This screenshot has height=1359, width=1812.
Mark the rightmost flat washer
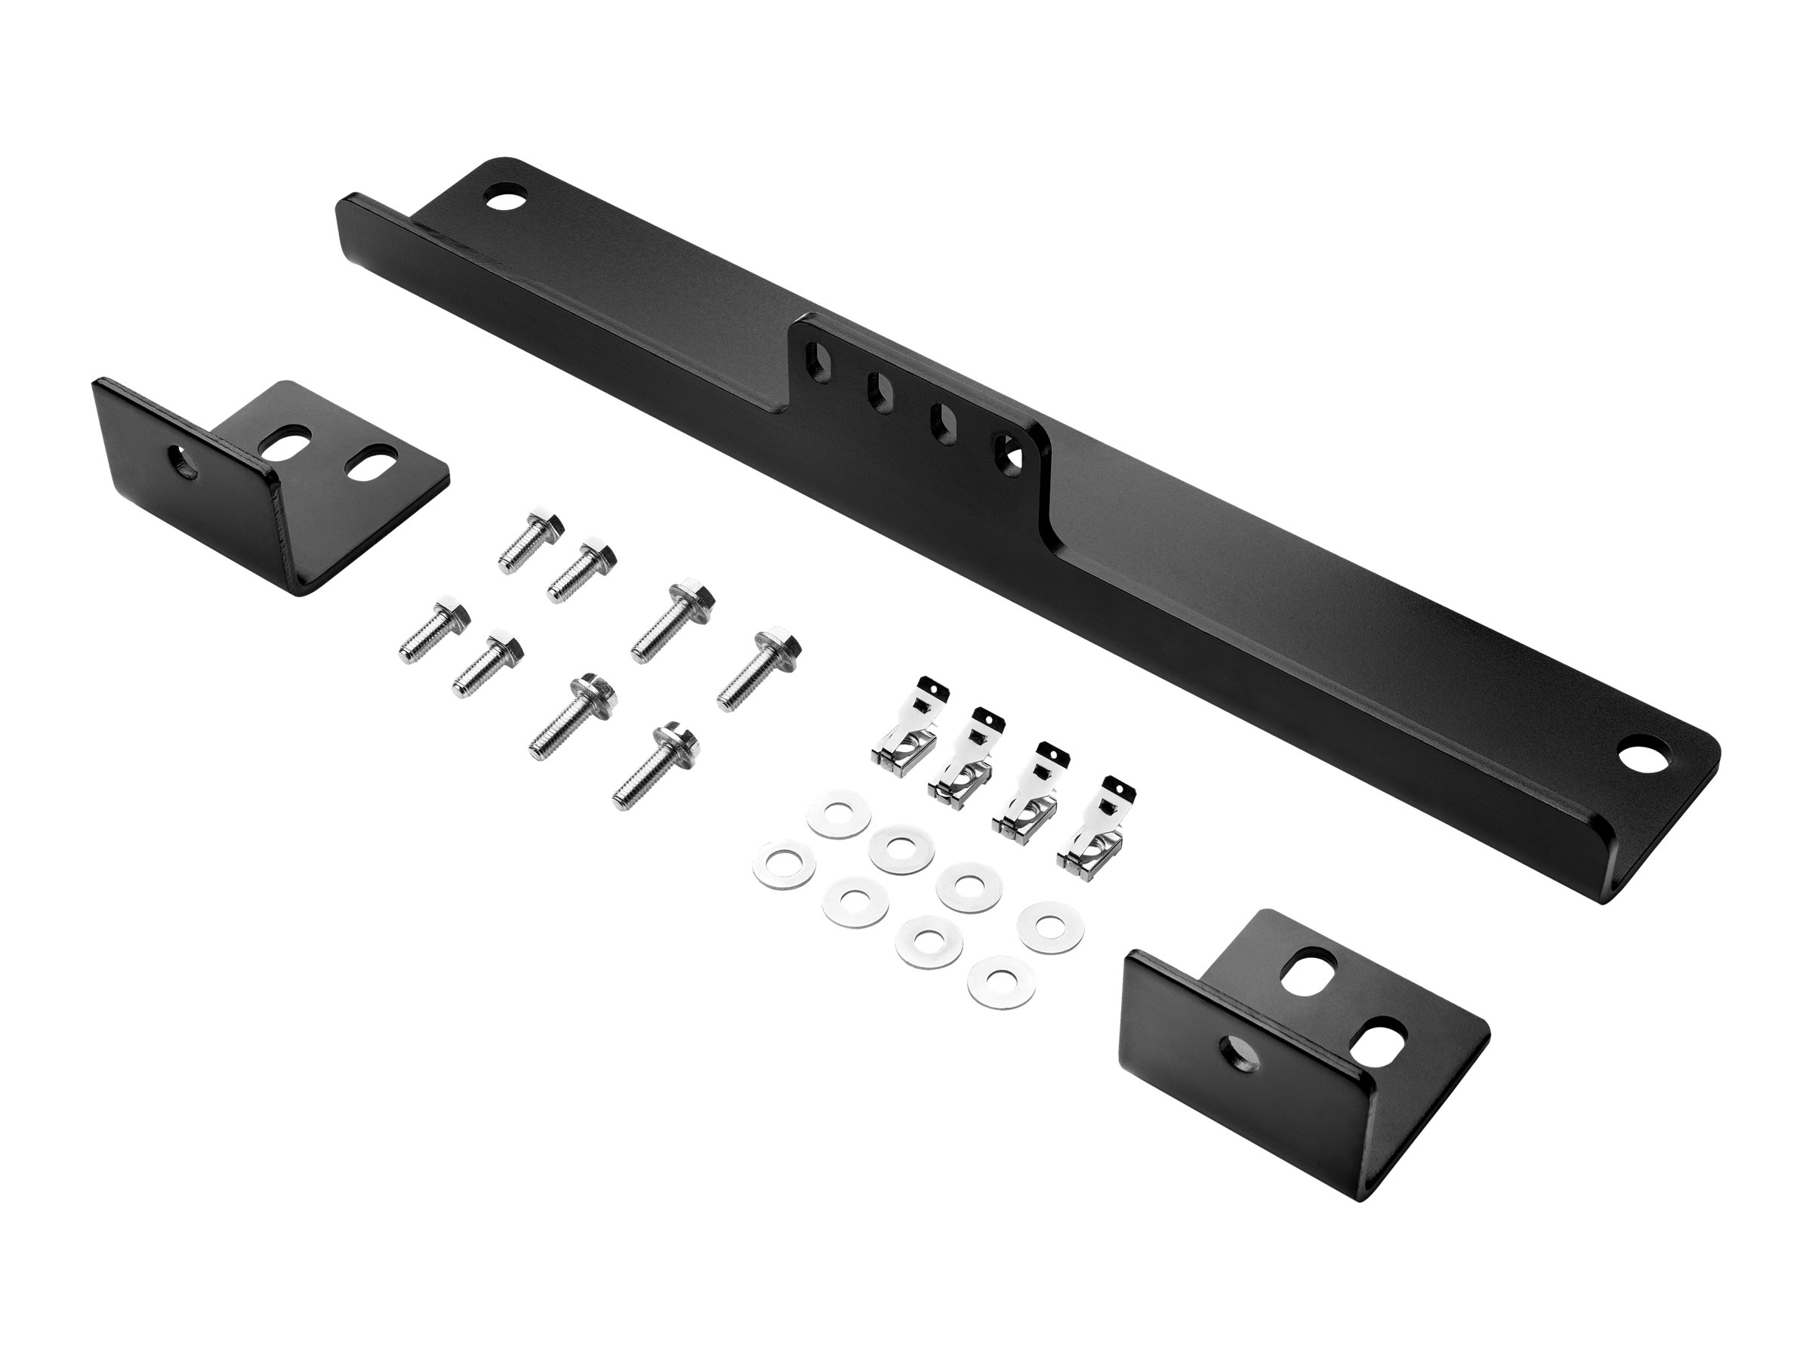tap(1049, 926)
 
